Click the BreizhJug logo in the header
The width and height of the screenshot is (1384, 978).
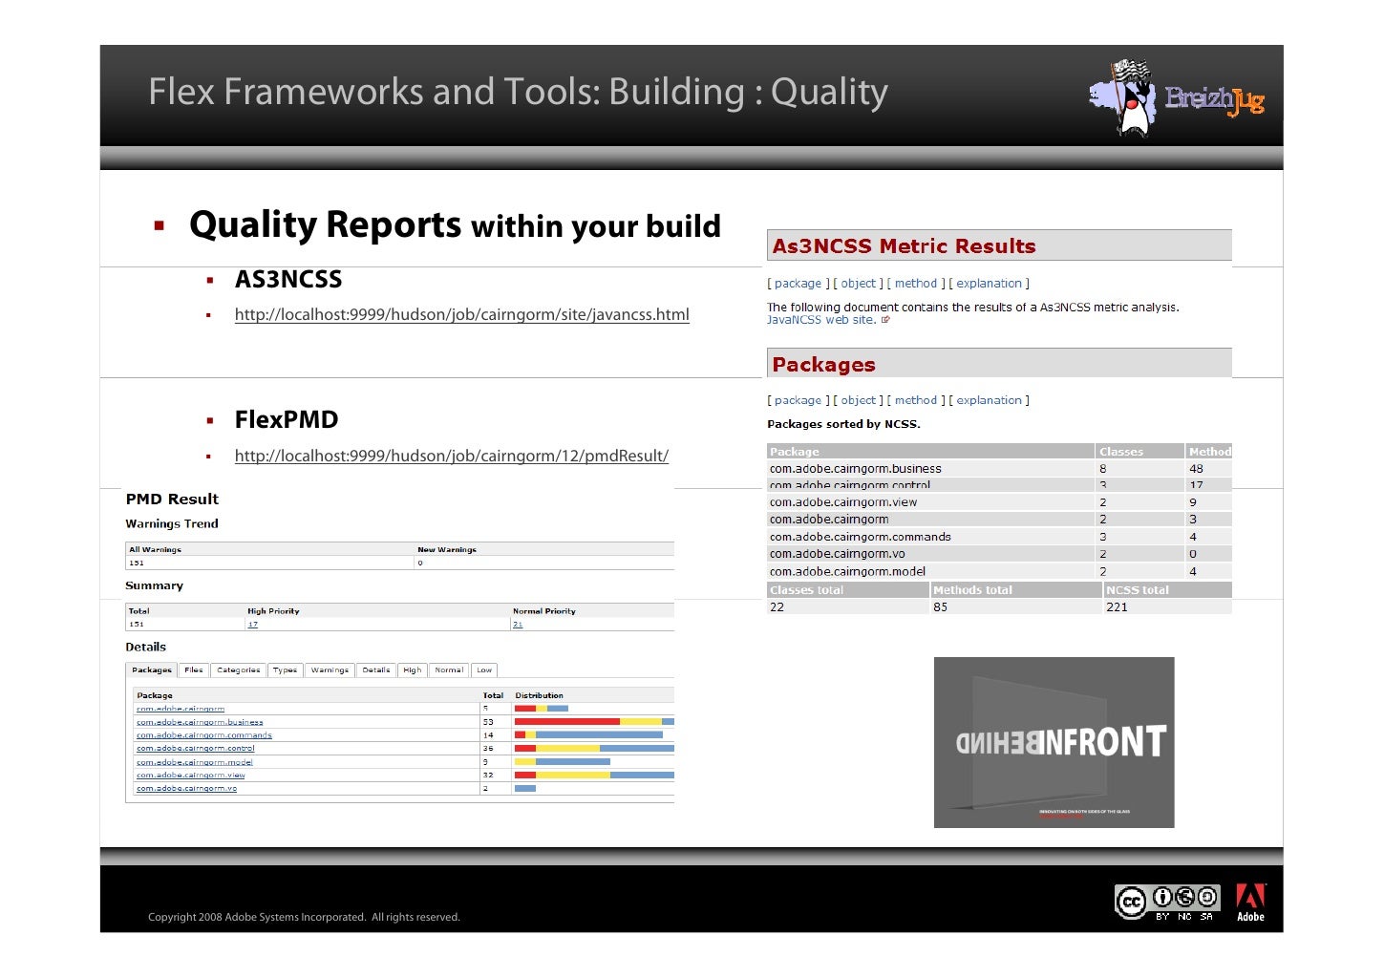point(1177,98)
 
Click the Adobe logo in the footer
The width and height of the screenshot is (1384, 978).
point(1250,903)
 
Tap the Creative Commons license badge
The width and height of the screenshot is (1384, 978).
point(1166,902)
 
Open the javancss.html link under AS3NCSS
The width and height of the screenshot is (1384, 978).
point(461,314)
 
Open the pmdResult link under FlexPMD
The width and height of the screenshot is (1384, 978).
point(451,456)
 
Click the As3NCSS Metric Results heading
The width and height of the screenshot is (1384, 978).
point(904,246)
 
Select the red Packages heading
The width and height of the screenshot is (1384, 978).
point(823,365)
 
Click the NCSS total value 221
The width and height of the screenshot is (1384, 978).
point(1117,607)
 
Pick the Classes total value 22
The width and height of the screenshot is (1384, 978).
point(777,607)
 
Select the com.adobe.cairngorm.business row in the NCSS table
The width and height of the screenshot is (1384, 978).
point(855,469)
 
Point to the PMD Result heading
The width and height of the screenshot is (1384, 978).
point(172,499)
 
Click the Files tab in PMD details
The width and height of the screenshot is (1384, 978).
point(194,670)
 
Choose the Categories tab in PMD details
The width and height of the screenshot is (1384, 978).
point(238,670)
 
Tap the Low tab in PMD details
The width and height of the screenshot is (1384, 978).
point(484,670)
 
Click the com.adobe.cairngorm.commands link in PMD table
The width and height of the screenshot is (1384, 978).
point(203,735)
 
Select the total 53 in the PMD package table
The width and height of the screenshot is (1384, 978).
point(488,722)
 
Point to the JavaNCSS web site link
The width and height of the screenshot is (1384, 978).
point(821,320)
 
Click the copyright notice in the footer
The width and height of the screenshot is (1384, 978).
point(304,917)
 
